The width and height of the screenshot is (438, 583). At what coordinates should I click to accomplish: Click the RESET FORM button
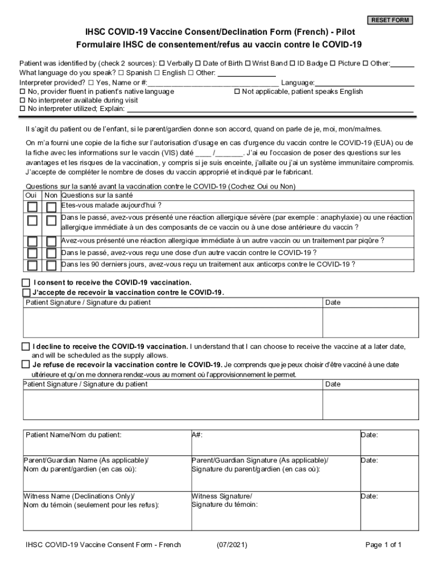click(390, 20)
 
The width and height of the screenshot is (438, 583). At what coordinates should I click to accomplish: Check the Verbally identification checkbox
click(162, 64)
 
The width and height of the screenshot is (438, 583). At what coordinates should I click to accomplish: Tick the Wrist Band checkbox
click(248, 64)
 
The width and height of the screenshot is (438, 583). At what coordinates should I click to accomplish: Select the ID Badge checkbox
click(292, 64)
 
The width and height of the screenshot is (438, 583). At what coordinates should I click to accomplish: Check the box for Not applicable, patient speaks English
click(237, 92)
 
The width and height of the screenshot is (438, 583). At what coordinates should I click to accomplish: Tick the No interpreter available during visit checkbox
click(23, 100)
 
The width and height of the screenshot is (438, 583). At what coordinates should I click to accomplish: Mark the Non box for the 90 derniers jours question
click(52, 265)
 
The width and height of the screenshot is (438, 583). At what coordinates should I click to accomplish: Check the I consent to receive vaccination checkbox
click(26, 282)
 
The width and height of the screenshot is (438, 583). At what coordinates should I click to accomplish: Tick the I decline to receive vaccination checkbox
click(26, 346)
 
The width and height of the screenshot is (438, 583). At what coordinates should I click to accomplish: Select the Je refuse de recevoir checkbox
click(26, 364)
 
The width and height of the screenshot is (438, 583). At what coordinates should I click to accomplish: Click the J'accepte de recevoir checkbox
click(26, 293)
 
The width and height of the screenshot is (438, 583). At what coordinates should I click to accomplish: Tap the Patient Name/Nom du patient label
click(73, 435)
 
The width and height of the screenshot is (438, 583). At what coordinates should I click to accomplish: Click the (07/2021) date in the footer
click(232, 545)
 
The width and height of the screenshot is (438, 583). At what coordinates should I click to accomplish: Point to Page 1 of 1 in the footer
click(383, 545)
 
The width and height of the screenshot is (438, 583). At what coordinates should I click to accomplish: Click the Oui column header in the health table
click(32, 195)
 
